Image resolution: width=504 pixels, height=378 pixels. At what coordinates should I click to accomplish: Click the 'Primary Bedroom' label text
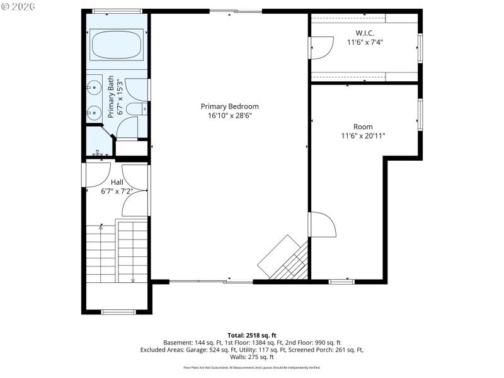tap(229, 106)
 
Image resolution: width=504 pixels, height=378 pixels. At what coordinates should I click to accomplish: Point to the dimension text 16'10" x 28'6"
tap(229, 116)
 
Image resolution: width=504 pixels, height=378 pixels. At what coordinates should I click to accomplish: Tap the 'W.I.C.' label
tap(365, 33)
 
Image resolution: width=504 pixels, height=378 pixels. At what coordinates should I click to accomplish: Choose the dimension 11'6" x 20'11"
tap(363, 135)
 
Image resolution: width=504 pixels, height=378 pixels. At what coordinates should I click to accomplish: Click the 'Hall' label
tap(117, 183)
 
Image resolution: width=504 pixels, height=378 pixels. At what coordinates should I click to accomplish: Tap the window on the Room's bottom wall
tap(341, 281)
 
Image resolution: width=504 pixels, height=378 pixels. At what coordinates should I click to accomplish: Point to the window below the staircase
tap(118, 312)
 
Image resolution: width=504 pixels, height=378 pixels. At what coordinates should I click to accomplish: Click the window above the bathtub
tap(117, 11)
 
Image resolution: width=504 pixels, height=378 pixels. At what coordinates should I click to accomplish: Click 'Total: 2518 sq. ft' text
tap(252, 335)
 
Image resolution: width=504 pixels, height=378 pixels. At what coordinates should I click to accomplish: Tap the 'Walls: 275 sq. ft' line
tap(252, 357)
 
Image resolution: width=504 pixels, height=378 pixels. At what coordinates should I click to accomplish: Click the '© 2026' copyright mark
tap(18, 7)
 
